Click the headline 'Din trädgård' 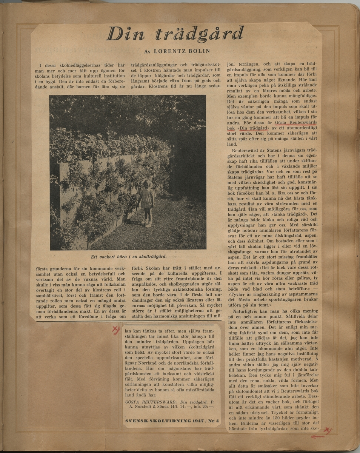click(175, 34)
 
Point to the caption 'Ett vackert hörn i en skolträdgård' click(128, 256)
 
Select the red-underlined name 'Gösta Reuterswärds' click(296, 122)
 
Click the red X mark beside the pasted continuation click(116, 331)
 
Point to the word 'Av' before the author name click(148, 51)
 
